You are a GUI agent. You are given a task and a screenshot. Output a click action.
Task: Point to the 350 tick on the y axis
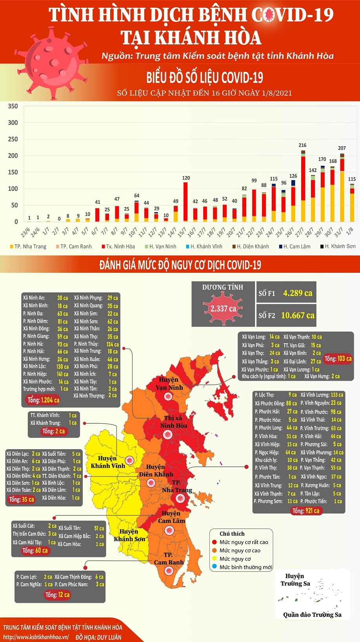click(13, 106)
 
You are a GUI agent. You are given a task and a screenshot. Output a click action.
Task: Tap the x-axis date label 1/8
click(350, 230)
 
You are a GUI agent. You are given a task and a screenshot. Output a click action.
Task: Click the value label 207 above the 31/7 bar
click(342, 148)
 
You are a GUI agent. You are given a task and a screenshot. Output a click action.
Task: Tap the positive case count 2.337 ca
click(223, 308)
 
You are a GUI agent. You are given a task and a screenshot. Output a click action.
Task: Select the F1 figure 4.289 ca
click(298, 293)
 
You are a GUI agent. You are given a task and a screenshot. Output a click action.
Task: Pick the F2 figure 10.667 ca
click(298, 315)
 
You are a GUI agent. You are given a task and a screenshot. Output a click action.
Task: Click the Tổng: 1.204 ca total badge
click(43, 400)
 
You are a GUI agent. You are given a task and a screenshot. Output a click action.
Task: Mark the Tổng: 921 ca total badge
click(305, 511)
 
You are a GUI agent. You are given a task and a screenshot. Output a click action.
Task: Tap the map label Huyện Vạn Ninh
click(169, 383)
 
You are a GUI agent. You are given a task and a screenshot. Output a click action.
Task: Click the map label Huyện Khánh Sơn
click(129, 535)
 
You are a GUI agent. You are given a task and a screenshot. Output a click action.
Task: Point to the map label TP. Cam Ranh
click(169, 559)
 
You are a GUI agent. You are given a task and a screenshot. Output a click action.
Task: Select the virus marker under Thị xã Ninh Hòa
click(168, 434)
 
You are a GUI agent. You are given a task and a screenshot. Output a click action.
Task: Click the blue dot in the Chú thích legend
click(215, 567)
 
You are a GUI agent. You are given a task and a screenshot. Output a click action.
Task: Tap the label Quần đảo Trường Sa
click(312, 615)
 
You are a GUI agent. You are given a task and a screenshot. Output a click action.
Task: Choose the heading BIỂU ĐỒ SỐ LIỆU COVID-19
click(205, 78)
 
